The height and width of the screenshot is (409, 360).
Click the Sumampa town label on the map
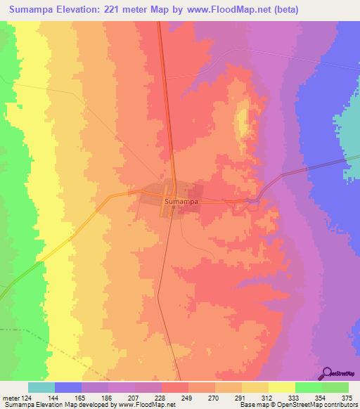click(181, 202)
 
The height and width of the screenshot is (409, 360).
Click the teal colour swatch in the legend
click(41, 387)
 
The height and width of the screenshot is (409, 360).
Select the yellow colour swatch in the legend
click(282, 387)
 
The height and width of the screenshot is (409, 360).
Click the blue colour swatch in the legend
click(68, 387)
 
